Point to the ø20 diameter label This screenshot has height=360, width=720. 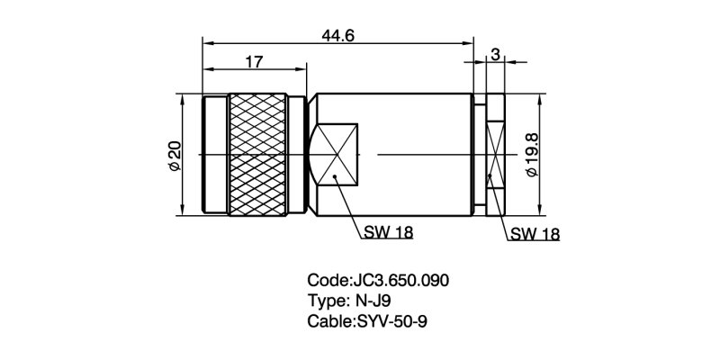175,155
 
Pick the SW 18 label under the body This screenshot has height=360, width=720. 389,232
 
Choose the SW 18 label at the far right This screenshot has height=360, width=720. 535,234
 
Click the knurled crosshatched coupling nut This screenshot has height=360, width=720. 258,155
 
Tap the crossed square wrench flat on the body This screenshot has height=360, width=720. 335,155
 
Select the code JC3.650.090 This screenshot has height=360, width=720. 399,280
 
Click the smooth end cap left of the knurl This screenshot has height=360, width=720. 214,155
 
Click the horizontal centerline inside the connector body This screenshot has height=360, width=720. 423,154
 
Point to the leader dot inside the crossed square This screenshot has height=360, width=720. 335,178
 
